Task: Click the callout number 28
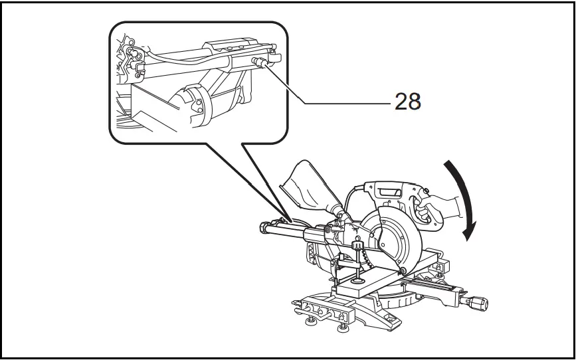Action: (408, 102)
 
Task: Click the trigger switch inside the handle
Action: (418, 206)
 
